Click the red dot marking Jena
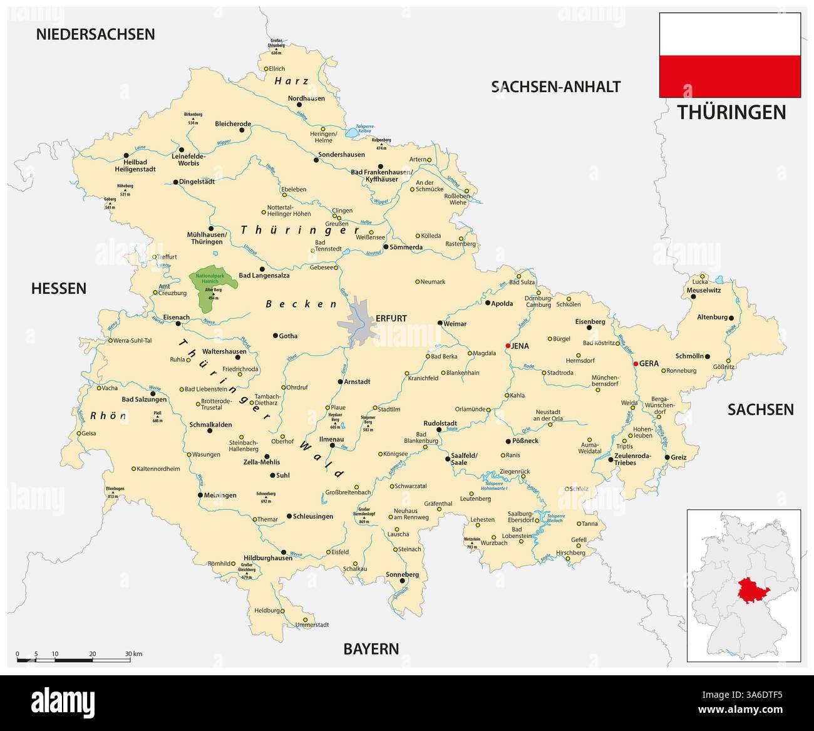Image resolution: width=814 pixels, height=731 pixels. [x=508, y=346]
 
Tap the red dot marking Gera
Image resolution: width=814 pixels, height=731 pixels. [x=636, y=363]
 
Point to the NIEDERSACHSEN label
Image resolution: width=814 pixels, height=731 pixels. [x=95, y=34]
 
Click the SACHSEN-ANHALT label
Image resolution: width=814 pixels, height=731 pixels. [x=555, y=86]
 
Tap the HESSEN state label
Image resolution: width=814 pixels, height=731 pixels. [x=59, y=288]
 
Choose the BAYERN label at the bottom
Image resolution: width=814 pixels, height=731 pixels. [x=371, y=648]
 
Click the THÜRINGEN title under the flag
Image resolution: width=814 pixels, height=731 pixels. [x=731, y=112]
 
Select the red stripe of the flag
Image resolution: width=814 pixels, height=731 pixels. [x=729, y=76]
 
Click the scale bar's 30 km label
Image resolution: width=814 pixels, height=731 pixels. [x=133, y=654]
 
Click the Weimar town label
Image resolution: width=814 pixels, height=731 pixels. [x=455, y=324]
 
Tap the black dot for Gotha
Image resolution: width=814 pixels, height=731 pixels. [x=275, y=336]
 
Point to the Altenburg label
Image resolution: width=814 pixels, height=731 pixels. [x=712, y=318]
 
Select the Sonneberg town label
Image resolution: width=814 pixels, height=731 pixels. [x=402, y=574]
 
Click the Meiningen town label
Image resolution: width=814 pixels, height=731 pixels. [x=220, y=495]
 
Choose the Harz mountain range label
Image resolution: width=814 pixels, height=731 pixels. [x=292, y=81]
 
